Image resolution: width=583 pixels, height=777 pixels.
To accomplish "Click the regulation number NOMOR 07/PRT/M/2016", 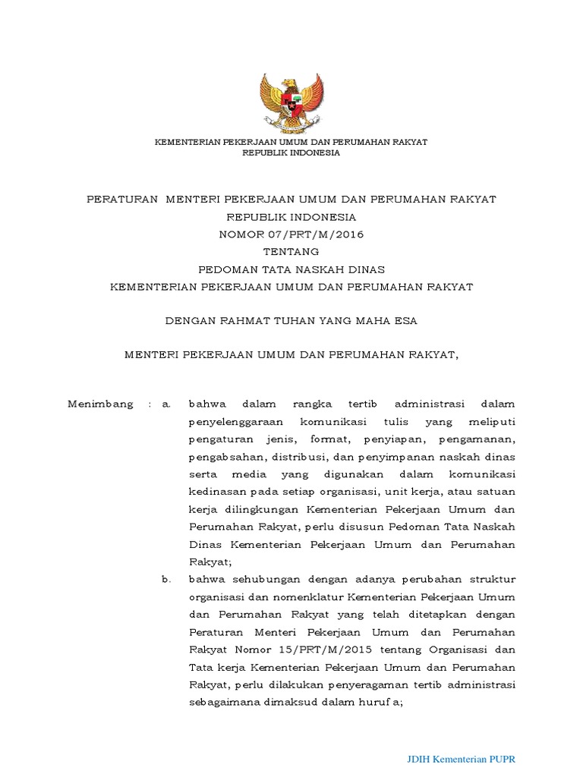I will point(291,234).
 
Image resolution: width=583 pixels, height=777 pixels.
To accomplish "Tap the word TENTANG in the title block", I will point(291,252).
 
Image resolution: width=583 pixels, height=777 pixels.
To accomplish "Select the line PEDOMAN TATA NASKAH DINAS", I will point(291,269).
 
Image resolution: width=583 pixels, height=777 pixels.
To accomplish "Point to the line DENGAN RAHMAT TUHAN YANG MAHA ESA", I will point(291,321).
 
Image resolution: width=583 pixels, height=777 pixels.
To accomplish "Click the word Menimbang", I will point(101,404).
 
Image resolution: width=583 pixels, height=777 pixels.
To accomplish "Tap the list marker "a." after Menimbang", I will point(167,404).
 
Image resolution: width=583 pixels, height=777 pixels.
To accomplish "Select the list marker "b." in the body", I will point(167,580).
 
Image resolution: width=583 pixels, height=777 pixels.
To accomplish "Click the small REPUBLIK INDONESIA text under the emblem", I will point(291,153).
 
